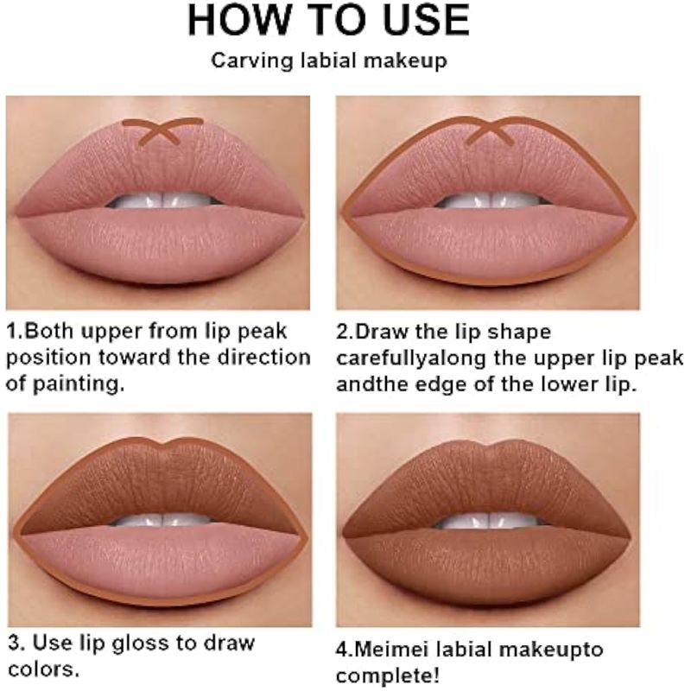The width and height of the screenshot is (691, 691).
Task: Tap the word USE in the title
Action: click(x=426, y=20)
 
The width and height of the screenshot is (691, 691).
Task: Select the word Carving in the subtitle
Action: click(x=251, y=60)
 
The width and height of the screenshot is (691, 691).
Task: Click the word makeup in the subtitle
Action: click(x=405, y=60)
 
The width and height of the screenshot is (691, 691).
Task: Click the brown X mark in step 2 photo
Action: click(x=489, y=130)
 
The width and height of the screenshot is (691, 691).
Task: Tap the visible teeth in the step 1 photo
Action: click(x=164, y=201)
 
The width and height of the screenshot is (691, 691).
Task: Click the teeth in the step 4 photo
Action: click(x=491, y=522)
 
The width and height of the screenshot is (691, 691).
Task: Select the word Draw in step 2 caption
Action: click(x=382, y=332)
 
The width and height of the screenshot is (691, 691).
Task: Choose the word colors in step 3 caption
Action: click(x=42, y=669)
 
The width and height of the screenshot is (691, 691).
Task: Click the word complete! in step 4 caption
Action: click(x=387, y=676)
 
